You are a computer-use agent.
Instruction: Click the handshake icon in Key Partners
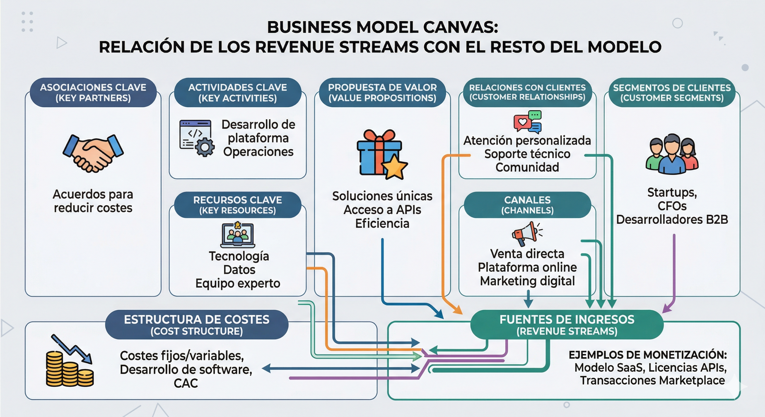(93, 153)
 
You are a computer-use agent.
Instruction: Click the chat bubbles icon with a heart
(527, 122)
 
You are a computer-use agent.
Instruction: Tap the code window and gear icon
(197, 138)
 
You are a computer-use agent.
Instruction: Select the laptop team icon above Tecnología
(238, 235)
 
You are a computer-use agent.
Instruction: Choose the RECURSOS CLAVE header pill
(238, 205)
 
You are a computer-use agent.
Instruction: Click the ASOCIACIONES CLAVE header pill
(93, 93)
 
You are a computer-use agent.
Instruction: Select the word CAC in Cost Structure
(186, 383)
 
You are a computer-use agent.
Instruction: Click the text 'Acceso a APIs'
(382, 210)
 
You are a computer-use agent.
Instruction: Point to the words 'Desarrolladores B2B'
(672, 220)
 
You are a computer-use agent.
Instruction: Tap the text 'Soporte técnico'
(527, 154)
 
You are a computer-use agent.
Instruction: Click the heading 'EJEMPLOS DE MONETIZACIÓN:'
(648, 355)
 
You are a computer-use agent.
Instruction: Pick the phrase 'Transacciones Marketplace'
(652, 381)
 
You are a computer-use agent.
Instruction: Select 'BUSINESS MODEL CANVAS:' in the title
(382, 27)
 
